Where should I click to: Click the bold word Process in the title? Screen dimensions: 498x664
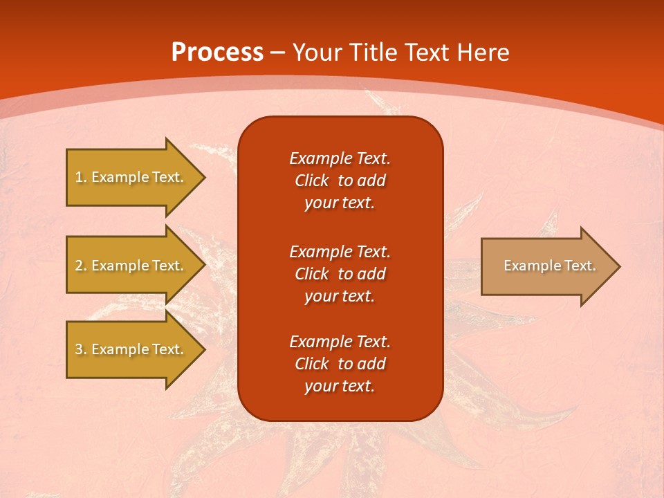tap(217, 53)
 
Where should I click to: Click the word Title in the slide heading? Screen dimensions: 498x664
tap(375, 53)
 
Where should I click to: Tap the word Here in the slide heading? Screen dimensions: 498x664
tap(483, 53)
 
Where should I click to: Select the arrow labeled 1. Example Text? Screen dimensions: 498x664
tap(131, 177)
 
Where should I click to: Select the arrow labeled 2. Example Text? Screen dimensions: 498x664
tap(131, 266)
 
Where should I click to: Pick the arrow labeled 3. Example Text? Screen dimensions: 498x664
tap(131, 349)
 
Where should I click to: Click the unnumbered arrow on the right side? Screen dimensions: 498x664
tap(546, 266)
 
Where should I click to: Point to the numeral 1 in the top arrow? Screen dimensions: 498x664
tap(79, 177)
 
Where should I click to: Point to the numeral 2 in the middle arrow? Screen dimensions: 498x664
tap(79, 266)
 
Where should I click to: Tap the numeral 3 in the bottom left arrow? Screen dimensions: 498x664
tap(79, 349)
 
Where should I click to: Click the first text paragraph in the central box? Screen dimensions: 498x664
tap(340, 181)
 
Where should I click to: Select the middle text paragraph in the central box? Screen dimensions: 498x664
tap(340, 274)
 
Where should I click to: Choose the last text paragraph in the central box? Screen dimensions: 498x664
tap(340, 364)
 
